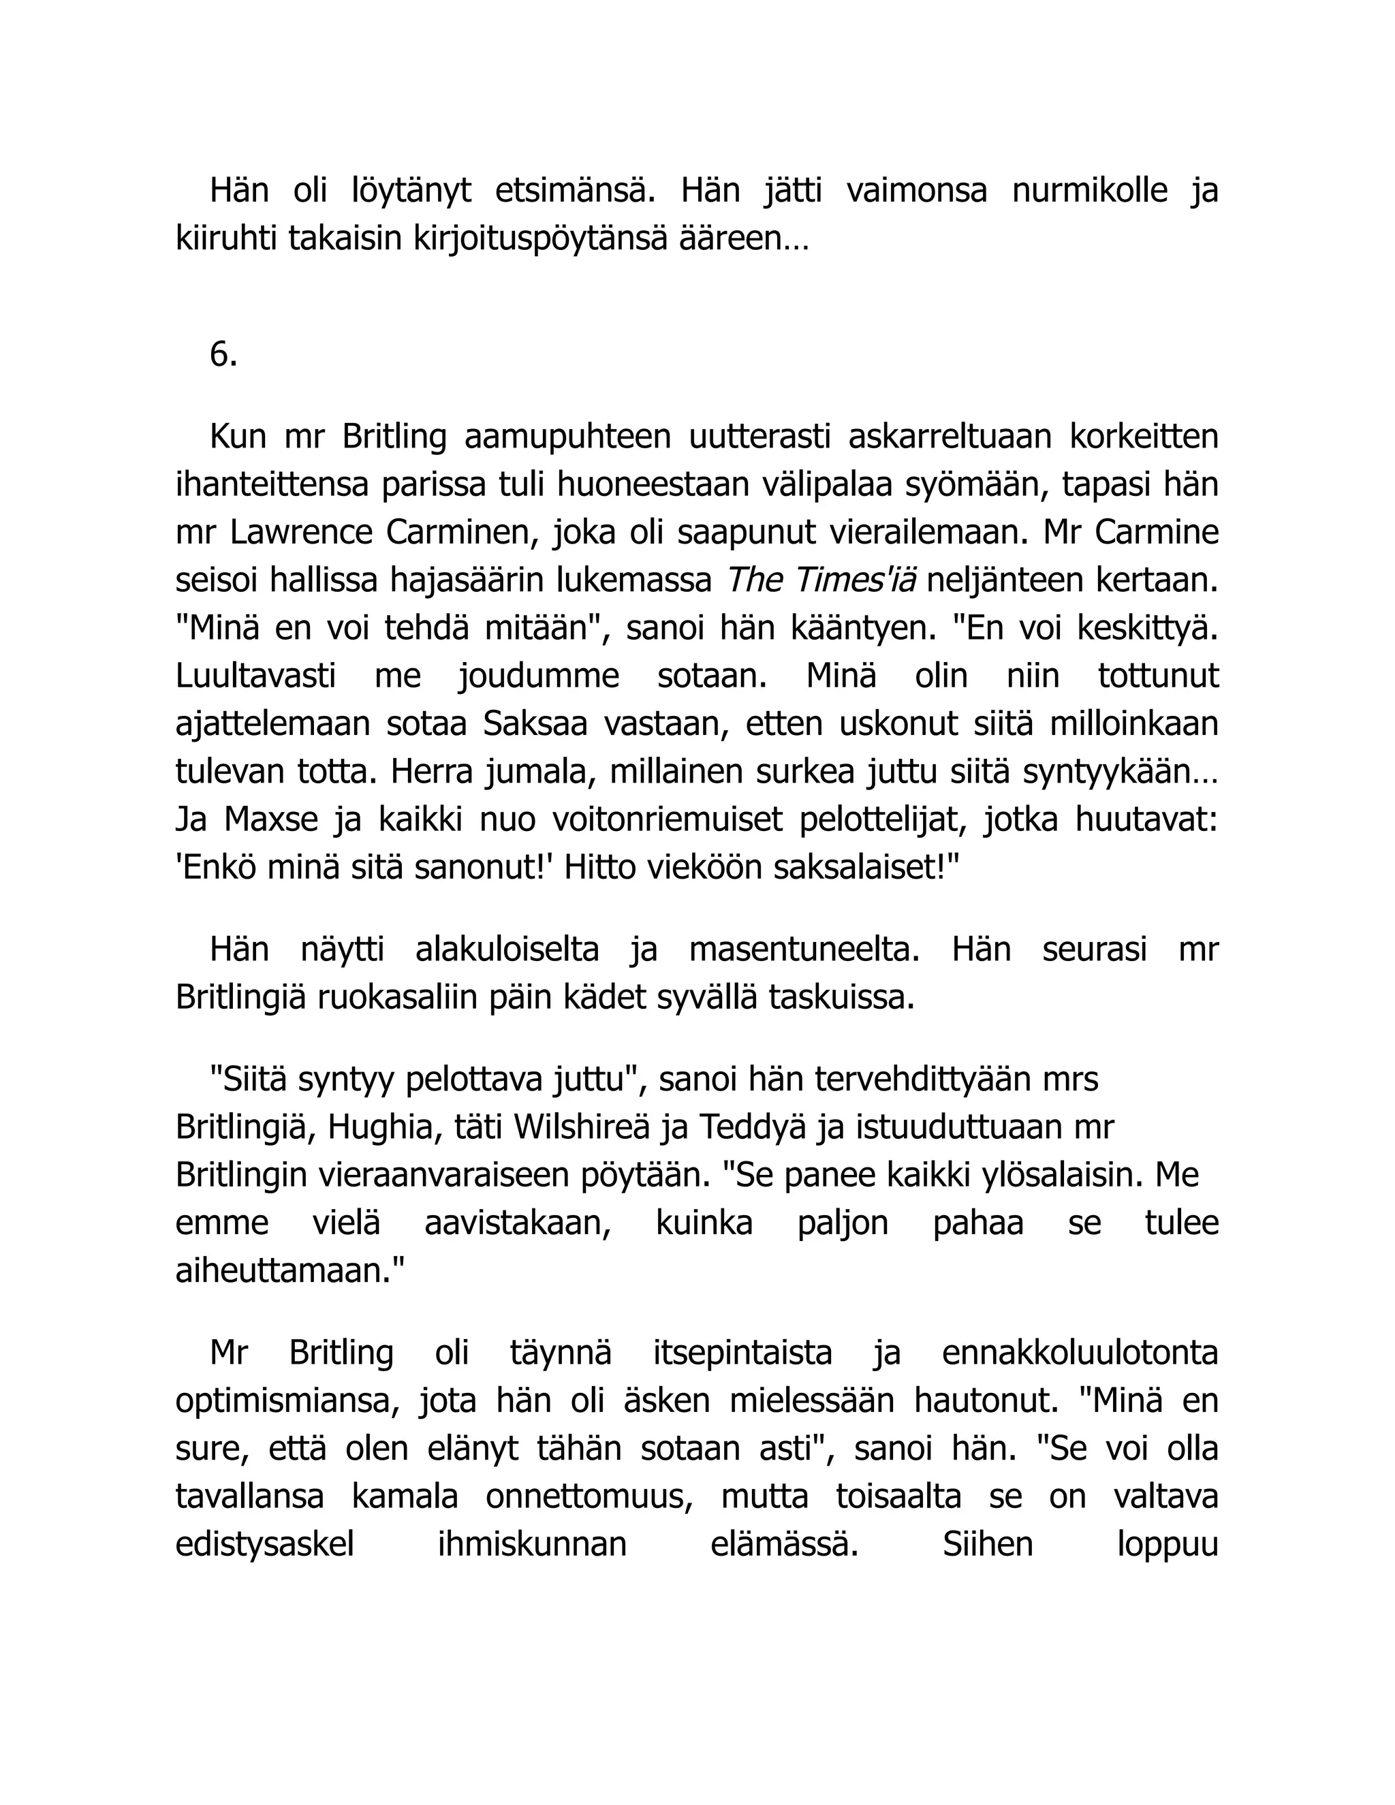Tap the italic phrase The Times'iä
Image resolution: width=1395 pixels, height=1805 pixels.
click(821, 581)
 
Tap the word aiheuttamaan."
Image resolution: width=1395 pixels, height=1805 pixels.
click(290, 1270)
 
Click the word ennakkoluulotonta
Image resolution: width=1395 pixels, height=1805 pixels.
click(1080, 1353)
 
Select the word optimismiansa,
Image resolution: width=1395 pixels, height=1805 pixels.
click(288, 1401)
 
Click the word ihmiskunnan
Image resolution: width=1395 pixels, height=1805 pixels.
click(532, 1545)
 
